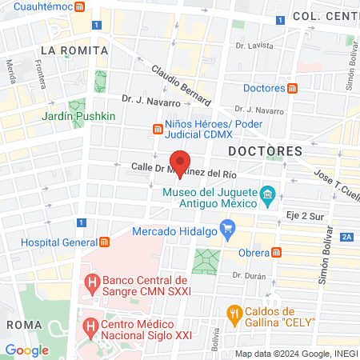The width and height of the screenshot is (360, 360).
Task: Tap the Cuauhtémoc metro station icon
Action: click(x=80, y=6)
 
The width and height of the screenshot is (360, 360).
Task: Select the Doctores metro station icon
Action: click(x=294, y=87)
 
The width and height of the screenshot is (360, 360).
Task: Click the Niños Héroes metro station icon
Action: click(x=157, y=128)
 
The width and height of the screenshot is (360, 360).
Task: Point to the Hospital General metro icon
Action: click(x=104, y=242)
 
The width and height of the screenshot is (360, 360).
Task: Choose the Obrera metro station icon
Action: click(x=276, y=252)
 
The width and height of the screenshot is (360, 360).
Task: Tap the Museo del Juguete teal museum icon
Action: click(x=269, y=194)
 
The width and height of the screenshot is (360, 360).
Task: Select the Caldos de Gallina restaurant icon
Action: click(x=234, y=311)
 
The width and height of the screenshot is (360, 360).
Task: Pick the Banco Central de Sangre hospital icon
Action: click(x=93, y=284)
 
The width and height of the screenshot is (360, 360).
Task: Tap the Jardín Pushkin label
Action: click(x=79, y=116)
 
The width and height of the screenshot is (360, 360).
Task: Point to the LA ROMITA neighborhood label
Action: click(x=68, y=50)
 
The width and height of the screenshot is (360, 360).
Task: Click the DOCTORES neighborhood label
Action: click(x=265, y=150)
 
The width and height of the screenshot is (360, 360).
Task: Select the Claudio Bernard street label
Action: click(x=181, y=84)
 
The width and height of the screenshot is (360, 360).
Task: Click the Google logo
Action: click(x=26, y=350)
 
